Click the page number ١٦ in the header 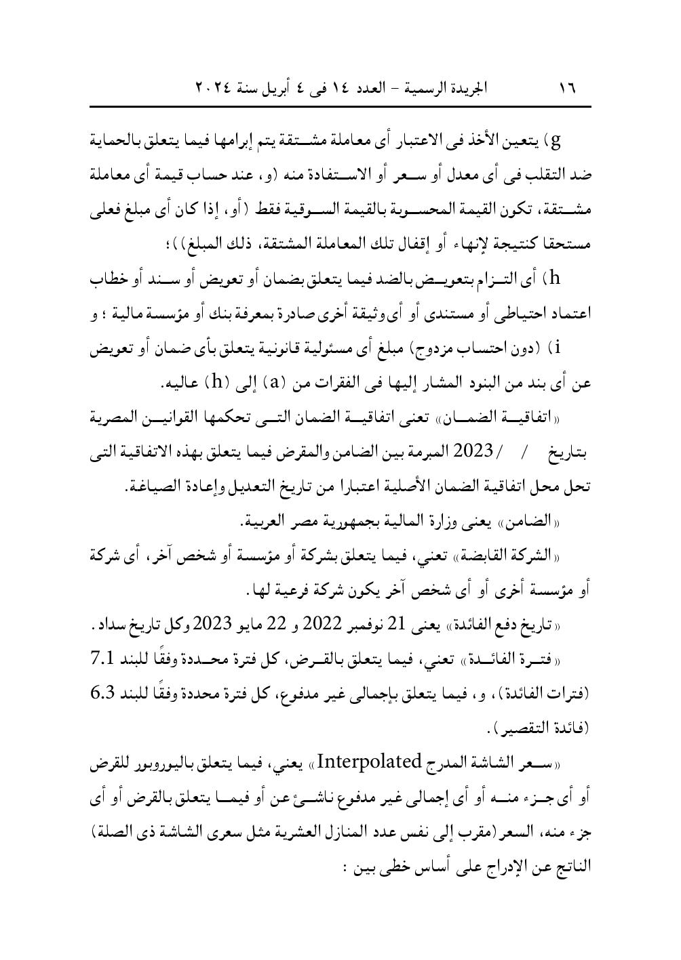click(566, 89)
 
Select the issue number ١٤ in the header click(353, 89)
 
